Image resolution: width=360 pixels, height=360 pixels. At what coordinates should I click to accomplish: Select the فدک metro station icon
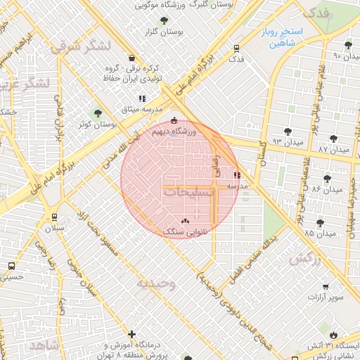[x=236, y=49]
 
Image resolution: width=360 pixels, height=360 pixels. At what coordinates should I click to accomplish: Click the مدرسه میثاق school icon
[x=142, y=98]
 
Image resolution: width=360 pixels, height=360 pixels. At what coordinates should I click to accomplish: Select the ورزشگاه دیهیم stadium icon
[x=174, y=120]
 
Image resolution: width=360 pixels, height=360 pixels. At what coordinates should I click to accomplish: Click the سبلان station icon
[x=53, y=217]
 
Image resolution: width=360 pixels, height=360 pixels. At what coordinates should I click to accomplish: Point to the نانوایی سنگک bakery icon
[x=186, y=221]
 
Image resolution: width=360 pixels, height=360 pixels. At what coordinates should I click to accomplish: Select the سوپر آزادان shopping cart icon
[x=325, y=286]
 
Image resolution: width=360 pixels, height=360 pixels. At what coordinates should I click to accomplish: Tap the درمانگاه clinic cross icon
[x=131, y=334]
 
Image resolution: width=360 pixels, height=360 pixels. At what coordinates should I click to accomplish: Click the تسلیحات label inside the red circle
[x=192, y=191]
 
